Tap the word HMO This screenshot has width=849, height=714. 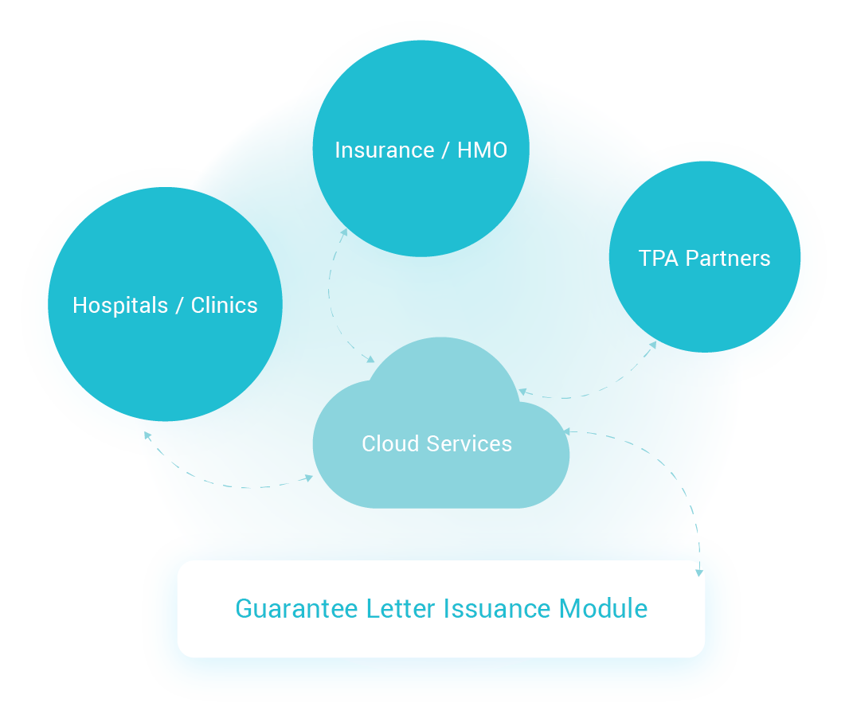coord(482,150)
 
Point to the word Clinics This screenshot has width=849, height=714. coord(224,306)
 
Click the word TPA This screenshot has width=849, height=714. coord(658,259)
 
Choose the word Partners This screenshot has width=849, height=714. coord(728,259)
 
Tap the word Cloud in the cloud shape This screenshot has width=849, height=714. coord(389,444)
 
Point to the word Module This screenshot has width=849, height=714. coord(603,609)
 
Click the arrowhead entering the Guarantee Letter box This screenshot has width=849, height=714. coord(700,571)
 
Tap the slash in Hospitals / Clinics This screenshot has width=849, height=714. coord(179,306)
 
